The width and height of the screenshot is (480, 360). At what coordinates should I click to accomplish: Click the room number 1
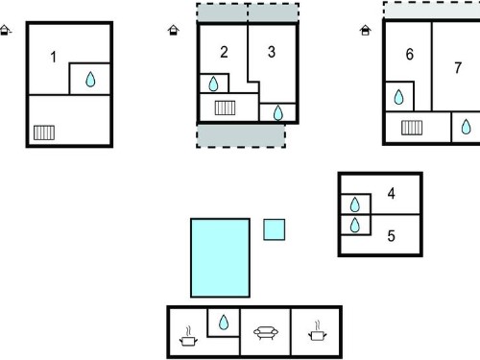(54, 58)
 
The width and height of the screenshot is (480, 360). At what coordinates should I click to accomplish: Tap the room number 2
(224, 52)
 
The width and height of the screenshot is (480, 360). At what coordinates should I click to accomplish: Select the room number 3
(272, 52)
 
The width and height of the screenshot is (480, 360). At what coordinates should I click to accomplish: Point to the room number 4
(391, 194)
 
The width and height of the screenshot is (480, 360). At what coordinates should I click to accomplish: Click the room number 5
(391, 236)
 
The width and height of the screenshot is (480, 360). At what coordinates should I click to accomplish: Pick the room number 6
(410, 55)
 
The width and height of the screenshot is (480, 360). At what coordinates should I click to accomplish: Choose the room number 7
(458, 68)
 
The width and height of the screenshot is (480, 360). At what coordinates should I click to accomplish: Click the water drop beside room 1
(90, 80)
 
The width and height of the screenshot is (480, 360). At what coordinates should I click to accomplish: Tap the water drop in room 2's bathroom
(213, 84)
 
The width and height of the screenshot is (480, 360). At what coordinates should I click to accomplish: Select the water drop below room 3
(278, 112)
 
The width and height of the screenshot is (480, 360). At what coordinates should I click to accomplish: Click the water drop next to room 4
(355, 204)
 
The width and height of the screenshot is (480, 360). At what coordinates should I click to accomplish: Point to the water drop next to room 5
(355, 225)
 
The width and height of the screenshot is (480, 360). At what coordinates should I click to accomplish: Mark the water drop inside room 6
(398, 97)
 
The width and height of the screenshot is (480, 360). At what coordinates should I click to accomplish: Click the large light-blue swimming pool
(220, 258)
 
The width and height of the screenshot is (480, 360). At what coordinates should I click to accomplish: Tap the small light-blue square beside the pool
(275, 229)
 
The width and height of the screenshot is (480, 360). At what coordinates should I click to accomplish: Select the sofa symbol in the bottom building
(266, 333)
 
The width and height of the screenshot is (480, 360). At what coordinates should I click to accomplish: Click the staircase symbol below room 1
(44, 132)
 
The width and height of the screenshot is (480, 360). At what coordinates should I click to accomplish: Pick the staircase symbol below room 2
(225, 108)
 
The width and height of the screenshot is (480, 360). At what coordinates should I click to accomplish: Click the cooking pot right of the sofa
(317, 331)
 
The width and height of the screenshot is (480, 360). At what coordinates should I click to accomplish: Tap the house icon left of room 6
(366, 31)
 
